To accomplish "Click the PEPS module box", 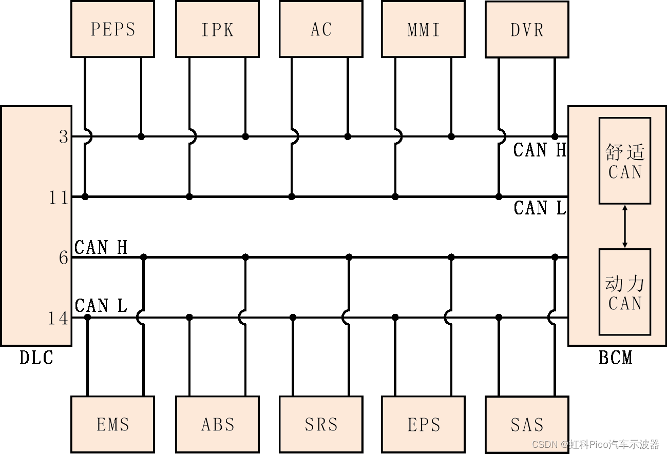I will [x=112, y=29].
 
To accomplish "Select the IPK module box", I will [x=217, y=29].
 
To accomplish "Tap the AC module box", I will [x=321, y=29].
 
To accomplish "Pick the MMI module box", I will [x=424, y=29].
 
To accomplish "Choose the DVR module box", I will [x=527, y=29].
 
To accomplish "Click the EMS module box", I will [x=112, y=424].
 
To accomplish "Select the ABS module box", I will [x=217, y=424].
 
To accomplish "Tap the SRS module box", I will [x=321, y=424].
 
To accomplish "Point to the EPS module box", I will [x=424, y=424].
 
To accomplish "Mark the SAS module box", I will [x=527, y=424].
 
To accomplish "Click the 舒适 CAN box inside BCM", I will [x=624, y=161].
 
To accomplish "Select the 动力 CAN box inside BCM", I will [x=624, y=292].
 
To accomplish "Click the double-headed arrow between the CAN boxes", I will [x=625, y=226].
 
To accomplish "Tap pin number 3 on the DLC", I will [x=64, y=137].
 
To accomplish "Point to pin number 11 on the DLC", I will [x=59, y=198].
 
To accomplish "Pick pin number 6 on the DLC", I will [x=64, y=258].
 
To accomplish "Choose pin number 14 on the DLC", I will [x=58, y=319].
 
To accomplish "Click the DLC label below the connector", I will [x=36, y=358].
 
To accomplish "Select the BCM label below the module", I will [x=616, y=358].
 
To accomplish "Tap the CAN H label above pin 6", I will [x=101, y=247].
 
